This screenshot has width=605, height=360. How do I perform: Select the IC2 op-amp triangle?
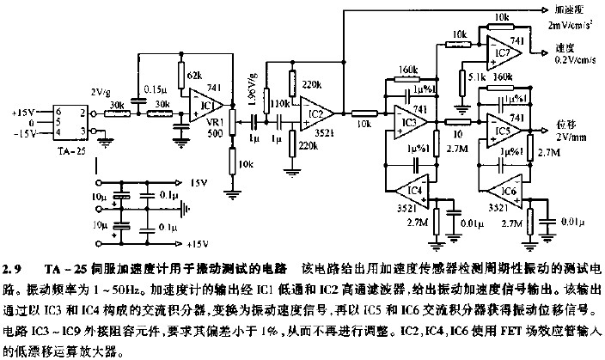point(315,112)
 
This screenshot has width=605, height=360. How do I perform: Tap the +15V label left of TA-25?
point(25,111)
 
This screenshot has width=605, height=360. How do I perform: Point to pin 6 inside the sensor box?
point(57,112)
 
